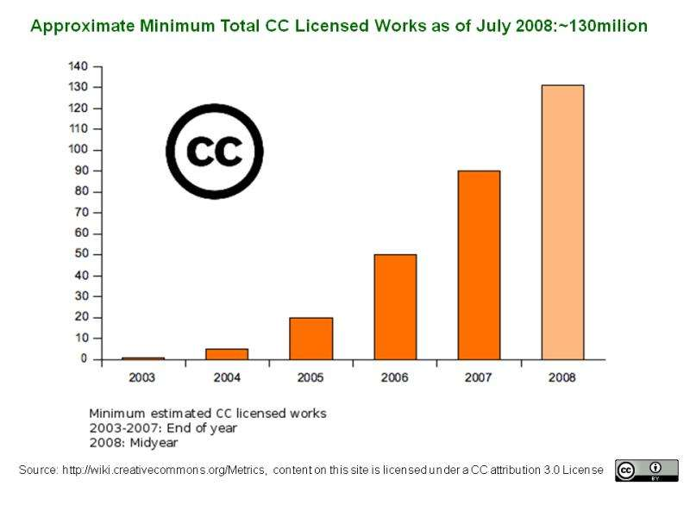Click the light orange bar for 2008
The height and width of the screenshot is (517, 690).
[x=562, y=221]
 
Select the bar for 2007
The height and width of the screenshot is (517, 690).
[x=479, y=265]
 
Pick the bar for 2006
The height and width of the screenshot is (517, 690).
[x=395, y=307]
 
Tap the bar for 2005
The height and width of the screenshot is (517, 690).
[x=310, y=338]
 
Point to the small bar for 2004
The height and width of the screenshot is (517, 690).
[x=227, y=354]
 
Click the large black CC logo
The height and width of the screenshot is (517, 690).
[x=214, y=152]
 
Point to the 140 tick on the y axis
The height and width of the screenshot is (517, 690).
[x=78, y=66]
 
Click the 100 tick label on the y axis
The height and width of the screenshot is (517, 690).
[x=78, y=150]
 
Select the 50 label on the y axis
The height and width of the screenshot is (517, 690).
[x=80, y=255]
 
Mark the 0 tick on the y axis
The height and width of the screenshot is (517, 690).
[x=83, y=359]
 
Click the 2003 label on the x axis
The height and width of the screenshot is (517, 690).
[x=143, y=377]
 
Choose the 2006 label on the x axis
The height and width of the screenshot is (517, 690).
[x=395, y=377]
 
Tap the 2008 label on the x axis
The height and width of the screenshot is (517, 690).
[x=562, y=377]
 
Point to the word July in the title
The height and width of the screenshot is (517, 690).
[x=492, y=26]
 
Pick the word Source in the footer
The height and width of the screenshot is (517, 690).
[x=37, y=469]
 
